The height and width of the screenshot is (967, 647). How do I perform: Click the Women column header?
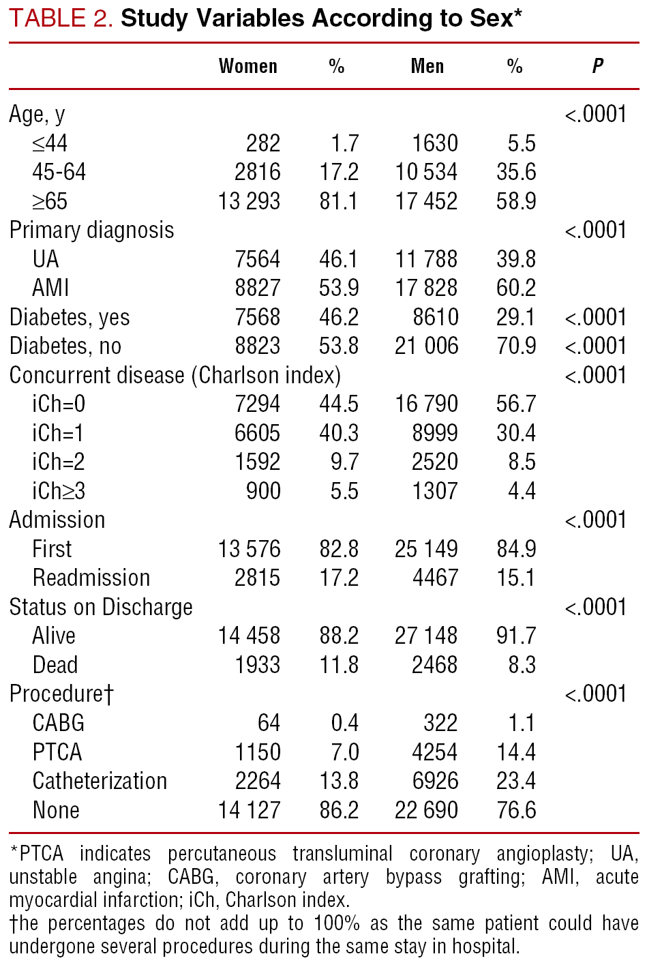tap(248, 66)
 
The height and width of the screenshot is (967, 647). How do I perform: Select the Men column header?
tap(427, 66)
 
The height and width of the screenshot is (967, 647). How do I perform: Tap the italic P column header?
tap(597, 66)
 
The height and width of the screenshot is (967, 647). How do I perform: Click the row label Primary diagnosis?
tap(91, 230)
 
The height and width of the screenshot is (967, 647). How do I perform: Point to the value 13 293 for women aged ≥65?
tap(249, 201)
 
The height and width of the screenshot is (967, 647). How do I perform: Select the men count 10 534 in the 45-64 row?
tap(426, 172)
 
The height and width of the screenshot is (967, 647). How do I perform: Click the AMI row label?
tap(50, 288)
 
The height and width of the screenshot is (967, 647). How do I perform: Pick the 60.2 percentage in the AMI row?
tap(516, 288)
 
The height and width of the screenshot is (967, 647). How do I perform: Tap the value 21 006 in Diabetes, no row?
tap(426, 346)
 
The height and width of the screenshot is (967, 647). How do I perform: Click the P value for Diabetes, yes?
tap(595, 317)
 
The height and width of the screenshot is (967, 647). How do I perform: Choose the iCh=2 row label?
tap(59, 462)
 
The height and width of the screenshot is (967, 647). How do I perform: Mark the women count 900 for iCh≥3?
tap(263, 491)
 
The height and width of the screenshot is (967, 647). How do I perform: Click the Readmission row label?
tap(91, 578)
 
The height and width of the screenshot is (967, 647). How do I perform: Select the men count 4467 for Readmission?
tap(435, 578)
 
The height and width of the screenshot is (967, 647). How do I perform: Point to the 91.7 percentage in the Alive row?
tap(516, 636)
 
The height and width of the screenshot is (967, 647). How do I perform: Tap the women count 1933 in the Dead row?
tap(257, 665)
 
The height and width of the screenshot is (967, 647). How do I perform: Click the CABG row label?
tap(59, 723)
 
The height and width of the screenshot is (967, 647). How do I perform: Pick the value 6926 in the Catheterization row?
tap(435, 781)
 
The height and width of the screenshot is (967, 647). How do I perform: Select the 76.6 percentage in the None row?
tap(516, 810)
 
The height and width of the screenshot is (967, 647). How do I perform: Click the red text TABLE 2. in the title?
tap(61, 19)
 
